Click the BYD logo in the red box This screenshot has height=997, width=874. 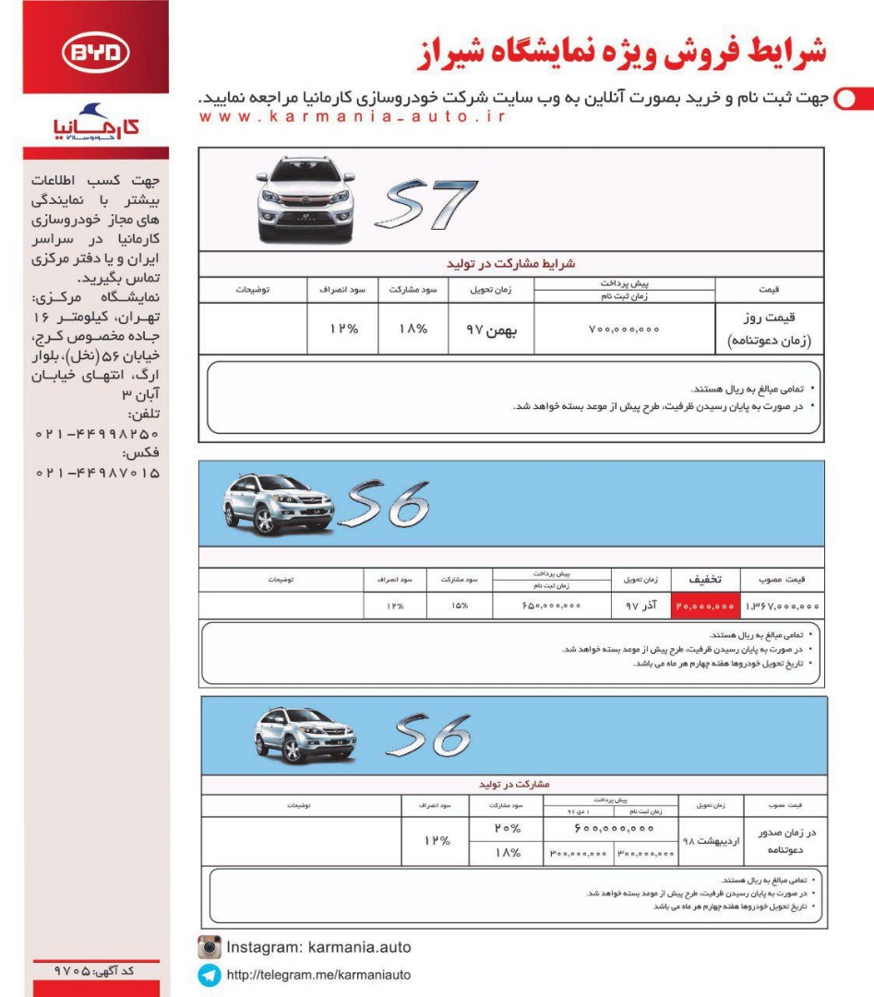click(x=97, y=54)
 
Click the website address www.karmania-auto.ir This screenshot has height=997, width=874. click(x=352, y=117)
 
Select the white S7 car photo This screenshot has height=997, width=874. click(x=305, y=198)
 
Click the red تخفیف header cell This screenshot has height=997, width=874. click(x=706, y=579)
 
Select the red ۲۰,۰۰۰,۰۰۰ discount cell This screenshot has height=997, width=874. click(x=706, y=607)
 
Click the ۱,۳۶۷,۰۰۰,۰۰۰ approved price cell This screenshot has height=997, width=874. click(x=782, y=607)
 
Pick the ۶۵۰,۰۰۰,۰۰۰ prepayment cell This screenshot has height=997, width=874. click(x=550, y=607)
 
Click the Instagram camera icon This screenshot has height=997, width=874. click(x=210, y=947)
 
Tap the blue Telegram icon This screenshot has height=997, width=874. click(x=210, y=975)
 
